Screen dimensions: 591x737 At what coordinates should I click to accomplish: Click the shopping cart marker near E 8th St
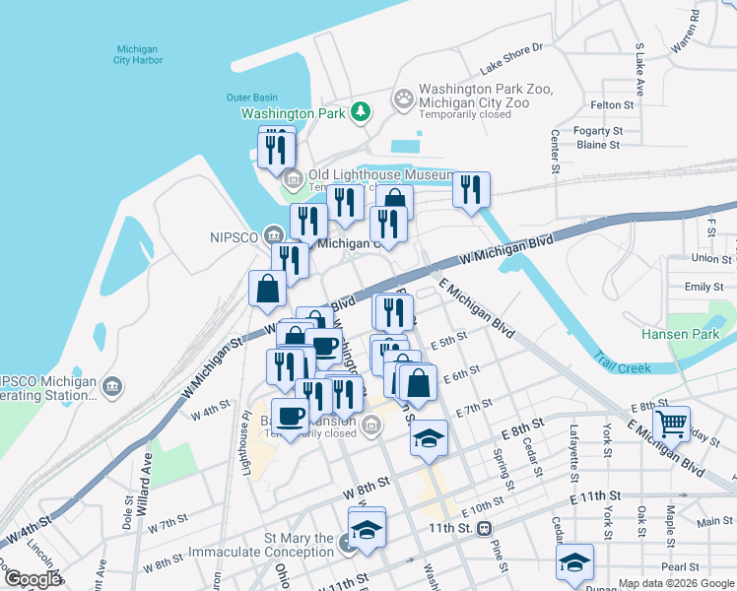click(x=671, y=425)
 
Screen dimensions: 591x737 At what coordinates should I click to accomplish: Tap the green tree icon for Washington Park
click(x=363, y=112)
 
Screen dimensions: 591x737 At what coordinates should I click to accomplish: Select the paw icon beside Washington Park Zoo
click(x=404, y=98)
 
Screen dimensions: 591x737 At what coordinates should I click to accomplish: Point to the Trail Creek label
click(x=621, y=368)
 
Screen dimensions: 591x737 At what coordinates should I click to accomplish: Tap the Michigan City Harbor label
click(x=138, y=54)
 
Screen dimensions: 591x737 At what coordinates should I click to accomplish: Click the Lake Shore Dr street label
click(x=511, y=59)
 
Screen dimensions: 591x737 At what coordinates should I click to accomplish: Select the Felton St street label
click(x=611, y=104)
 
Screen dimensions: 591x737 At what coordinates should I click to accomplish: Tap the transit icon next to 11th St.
click(x=485, y=529)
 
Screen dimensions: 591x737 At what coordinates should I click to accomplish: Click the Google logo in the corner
click(x=32, y=579)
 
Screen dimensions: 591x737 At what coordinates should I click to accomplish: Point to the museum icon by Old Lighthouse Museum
click(x=293, y=179)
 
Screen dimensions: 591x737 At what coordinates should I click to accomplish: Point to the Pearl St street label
click(x=680, y=567)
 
